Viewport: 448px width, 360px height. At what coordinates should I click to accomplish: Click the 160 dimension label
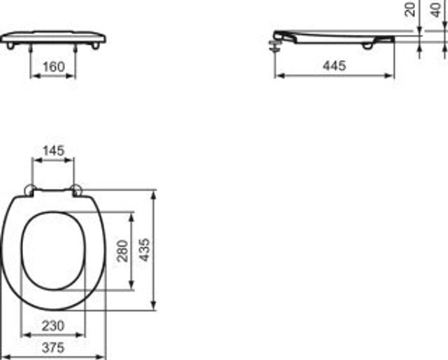pyautogui.click(x=53, y=67)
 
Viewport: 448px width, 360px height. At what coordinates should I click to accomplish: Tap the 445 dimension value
pyautogui.click(x=334, y=66)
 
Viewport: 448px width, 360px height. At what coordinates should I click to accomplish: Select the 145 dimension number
pyautogui.click(x=53, y=150)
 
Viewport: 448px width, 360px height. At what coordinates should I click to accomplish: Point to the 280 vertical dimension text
pyautogui.click(x=123, y=251)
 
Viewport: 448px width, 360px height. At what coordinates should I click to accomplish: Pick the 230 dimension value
pyautogui.click(x=53, y=325)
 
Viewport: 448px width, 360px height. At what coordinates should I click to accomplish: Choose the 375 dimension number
pyautogui.click(x=53, y=348)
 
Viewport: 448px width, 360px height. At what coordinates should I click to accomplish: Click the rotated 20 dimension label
pyautogui.click(x=410, y=9)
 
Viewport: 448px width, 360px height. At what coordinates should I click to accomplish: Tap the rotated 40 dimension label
pyautogui.click(x=436, y=9)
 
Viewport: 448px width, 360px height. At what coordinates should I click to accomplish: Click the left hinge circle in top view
pyautogui.click(x=30, y=190)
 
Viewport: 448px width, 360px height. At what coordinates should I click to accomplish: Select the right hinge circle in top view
pyautogui.click(x=77, y=190)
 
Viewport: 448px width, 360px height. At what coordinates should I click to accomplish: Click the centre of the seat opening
pyautogui.click(x=53, y=251)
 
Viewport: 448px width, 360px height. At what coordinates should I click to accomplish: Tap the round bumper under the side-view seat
pyautogui.click(x=367, y=46)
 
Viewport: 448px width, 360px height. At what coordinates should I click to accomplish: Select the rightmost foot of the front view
pyautogui.click(x=95, y=46)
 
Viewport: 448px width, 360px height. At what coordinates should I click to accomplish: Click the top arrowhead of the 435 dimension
pyautogui.click(x=154, y=194)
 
